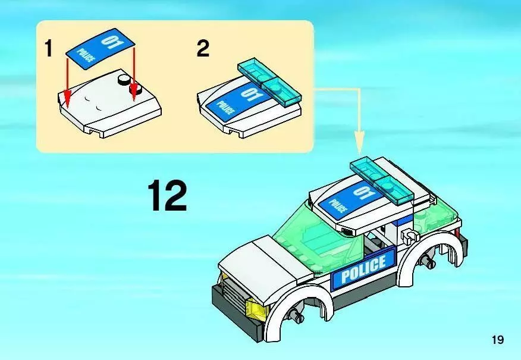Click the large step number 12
[167, 195]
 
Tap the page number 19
[498, 340]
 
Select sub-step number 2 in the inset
[203, 48]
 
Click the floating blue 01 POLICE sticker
[101, 49]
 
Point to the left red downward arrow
[67, 82]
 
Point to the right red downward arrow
[134, 73]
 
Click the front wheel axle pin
[295, 314]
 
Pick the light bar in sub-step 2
[269, 83]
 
